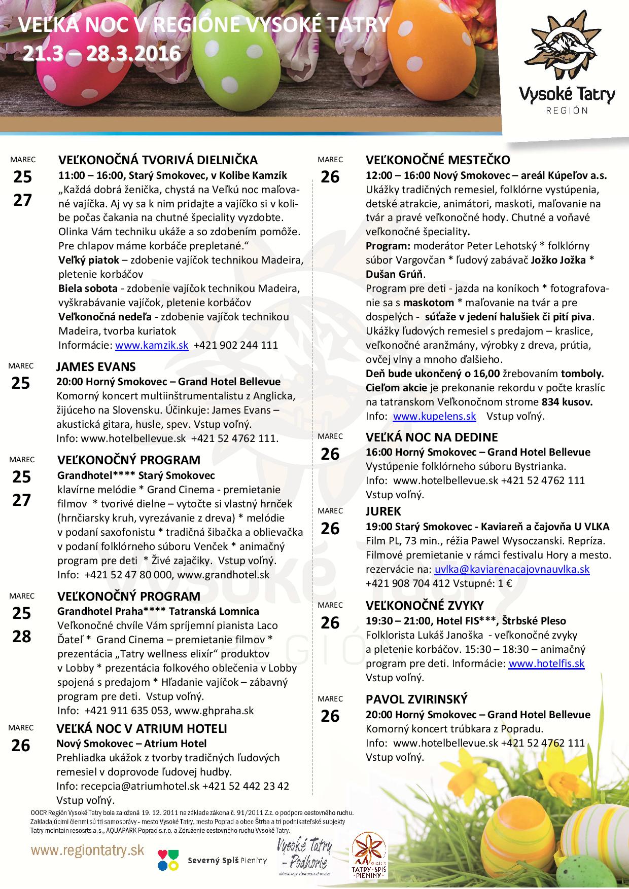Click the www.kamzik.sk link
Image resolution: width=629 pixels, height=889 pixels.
[x=152, y=345]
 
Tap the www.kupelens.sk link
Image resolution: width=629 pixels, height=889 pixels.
[x=434, y=416]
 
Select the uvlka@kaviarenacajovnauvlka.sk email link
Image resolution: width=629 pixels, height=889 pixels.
[x=512, y=569]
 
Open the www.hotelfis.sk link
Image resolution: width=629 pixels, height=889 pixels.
[x=546, y=663]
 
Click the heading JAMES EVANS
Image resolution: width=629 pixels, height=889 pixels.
[x=96, y=366]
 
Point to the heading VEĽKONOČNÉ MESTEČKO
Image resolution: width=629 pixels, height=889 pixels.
[x=438, y=160]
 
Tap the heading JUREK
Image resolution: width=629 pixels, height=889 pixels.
[x=383, y=511]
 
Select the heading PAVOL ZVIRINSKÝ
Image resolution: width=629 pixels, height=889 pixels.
[x=416, y=699]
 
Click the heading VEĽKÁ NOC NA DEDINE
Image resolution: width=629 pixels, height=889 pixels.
[x=432, y=437]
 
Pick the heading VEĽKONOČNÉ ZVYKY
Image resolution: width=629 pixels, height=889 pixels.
[x=425, y=605]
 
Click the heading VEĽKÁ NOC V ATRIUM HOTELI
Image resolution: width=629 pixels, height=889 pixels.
[x=142, y=729]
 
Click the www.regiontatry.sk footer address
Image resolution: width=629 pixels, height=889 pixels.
[x=87, y=850]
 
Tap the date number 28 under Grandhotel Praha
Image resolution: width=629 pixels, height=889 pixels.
[x=22, y=636]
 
